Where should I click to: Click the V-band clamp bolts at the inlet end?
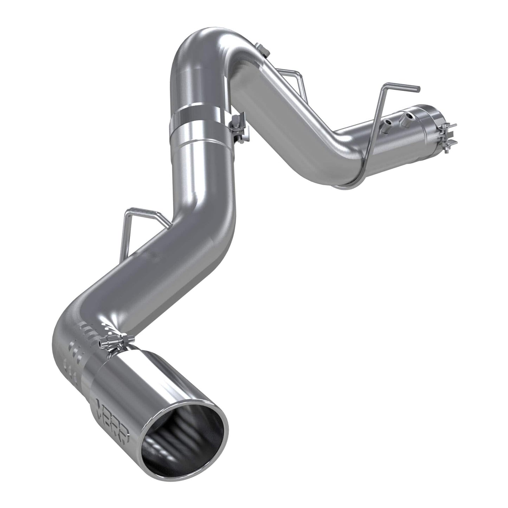pyautogui.click(x=449, y=134)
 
